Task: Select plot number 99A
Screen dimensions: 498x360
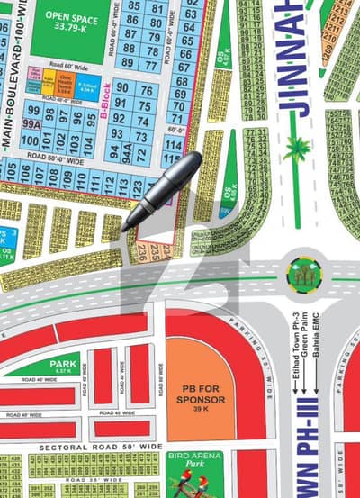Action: pos(31,124)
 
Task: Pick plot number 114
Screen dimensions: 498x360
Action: pos(174,145)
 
